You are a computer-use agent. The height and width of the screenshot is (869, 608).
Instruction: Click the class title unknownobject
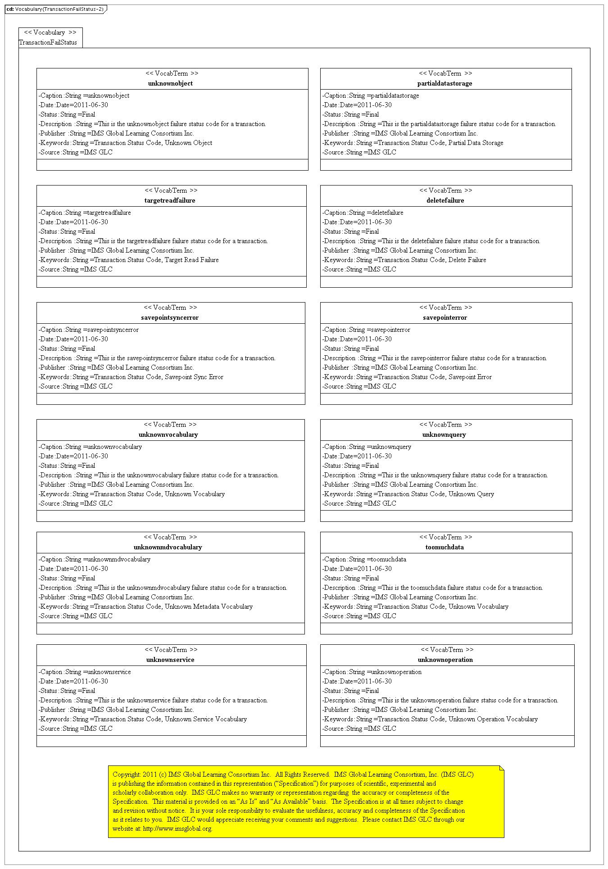[170, 83]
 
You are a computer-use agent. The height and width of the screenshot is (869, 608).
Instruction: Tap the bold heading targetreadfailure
[170, 200]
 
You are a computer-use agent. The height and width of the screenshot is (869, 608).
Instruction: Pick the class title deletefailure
[445, 200]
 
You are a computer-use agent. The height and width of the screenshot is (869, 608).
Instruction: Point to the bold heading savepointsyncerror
[170, 317]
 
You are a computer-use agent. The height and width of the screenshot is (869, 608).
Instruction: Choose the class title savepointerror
[445, 317]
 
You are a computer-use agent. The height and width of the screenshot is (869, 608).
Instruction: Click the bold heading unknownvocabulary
[168, 434]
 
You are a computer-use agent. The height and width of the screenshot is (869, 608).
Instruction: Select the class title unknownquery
[444, 434]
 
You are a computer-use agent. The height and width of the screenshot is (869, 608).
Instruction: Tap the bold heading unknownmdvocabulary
[168, 547]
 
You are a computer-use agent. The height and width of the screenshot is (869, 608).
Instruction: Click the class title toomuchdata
[445, 547]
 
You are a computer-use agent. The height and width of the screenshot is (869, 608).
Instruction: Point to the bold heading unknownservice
[170, 660]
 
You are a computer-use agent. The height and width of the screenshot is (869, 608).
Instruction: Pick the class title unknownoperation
[445, 660]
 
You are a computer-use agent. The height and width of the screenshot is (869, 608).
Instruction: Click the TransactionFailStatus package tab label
[48, 42]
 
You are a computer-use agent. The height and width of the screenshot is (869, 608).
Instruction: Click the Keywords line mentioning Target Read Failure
[129, 260]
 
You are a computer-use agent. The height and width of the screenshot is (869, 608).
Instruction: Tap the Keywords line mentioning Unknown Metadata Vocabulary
[145, 606]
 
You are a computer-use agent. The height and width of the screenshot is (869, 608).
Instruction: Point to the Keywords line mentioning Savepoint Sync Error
[131, 377]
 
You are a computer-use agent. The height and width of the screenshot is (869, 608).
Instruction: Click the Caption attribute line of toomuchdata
[364, 559]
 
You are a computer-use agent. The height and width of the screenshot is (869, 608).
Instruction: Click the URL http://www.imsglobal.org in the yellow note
[177, 828]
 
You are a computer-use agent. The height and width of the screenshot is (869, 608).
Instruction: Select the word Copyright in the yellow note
[126, 774]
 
